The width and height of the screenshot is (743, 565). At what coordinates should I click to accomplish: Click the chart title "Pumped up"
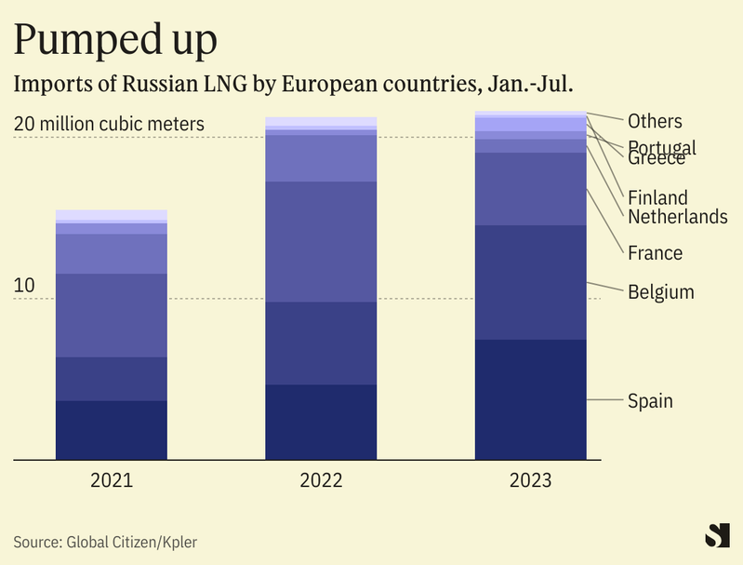coord(116,39)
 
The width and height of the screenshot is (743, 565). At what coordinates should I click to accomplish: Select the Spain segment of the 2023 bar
coord(530,398)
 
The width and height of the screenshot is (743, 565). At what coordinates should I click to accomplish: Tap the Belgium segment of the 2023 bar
coord(530,282)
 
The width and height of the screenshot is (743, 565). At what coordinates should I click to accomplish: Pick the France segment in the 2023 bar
coord(530,188)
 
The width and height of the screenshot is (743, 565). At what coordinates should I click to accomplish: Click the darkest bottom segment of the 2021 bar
coord(112,429)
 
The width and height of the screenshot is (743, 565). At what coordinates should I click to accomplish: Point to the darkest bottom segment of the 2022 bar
coord(321,422)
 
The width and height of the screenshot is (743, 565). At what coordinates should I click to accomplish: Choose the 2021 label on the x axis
coord(112,481)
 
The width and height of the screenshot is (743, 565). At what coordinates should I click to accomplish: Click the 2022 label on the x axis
coord(321,481)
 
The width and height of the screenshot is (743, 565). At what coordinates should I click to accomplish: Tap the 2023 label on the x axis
coord(530,481)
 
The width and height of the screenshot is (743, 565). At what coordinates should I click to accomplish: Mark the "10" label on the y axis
coord(24,286)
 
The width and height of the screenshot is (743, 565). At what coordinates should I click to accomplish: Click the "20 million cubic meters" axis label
coord(109,124)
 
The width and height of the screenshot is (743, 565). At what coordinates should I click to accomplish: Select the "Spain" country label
coord(650,401)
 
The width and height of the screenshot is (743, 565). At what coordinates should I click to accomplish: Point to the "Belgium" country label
coord(660,292)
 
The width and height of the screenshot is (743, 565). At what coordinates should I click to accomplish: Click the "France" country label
coord(655,253)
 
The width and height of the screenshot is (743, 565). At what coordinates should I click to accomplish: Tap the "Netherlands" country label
coord(677,217)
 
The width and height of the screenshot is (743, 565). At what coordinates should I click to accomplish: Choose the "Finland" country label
coord(657,197)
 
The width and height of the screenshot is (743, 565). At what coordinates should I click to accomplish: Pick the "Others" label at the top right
coord(655,121)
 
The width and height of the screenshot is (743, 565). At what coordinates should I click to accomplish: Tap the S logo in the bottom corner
coord(717,536)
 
